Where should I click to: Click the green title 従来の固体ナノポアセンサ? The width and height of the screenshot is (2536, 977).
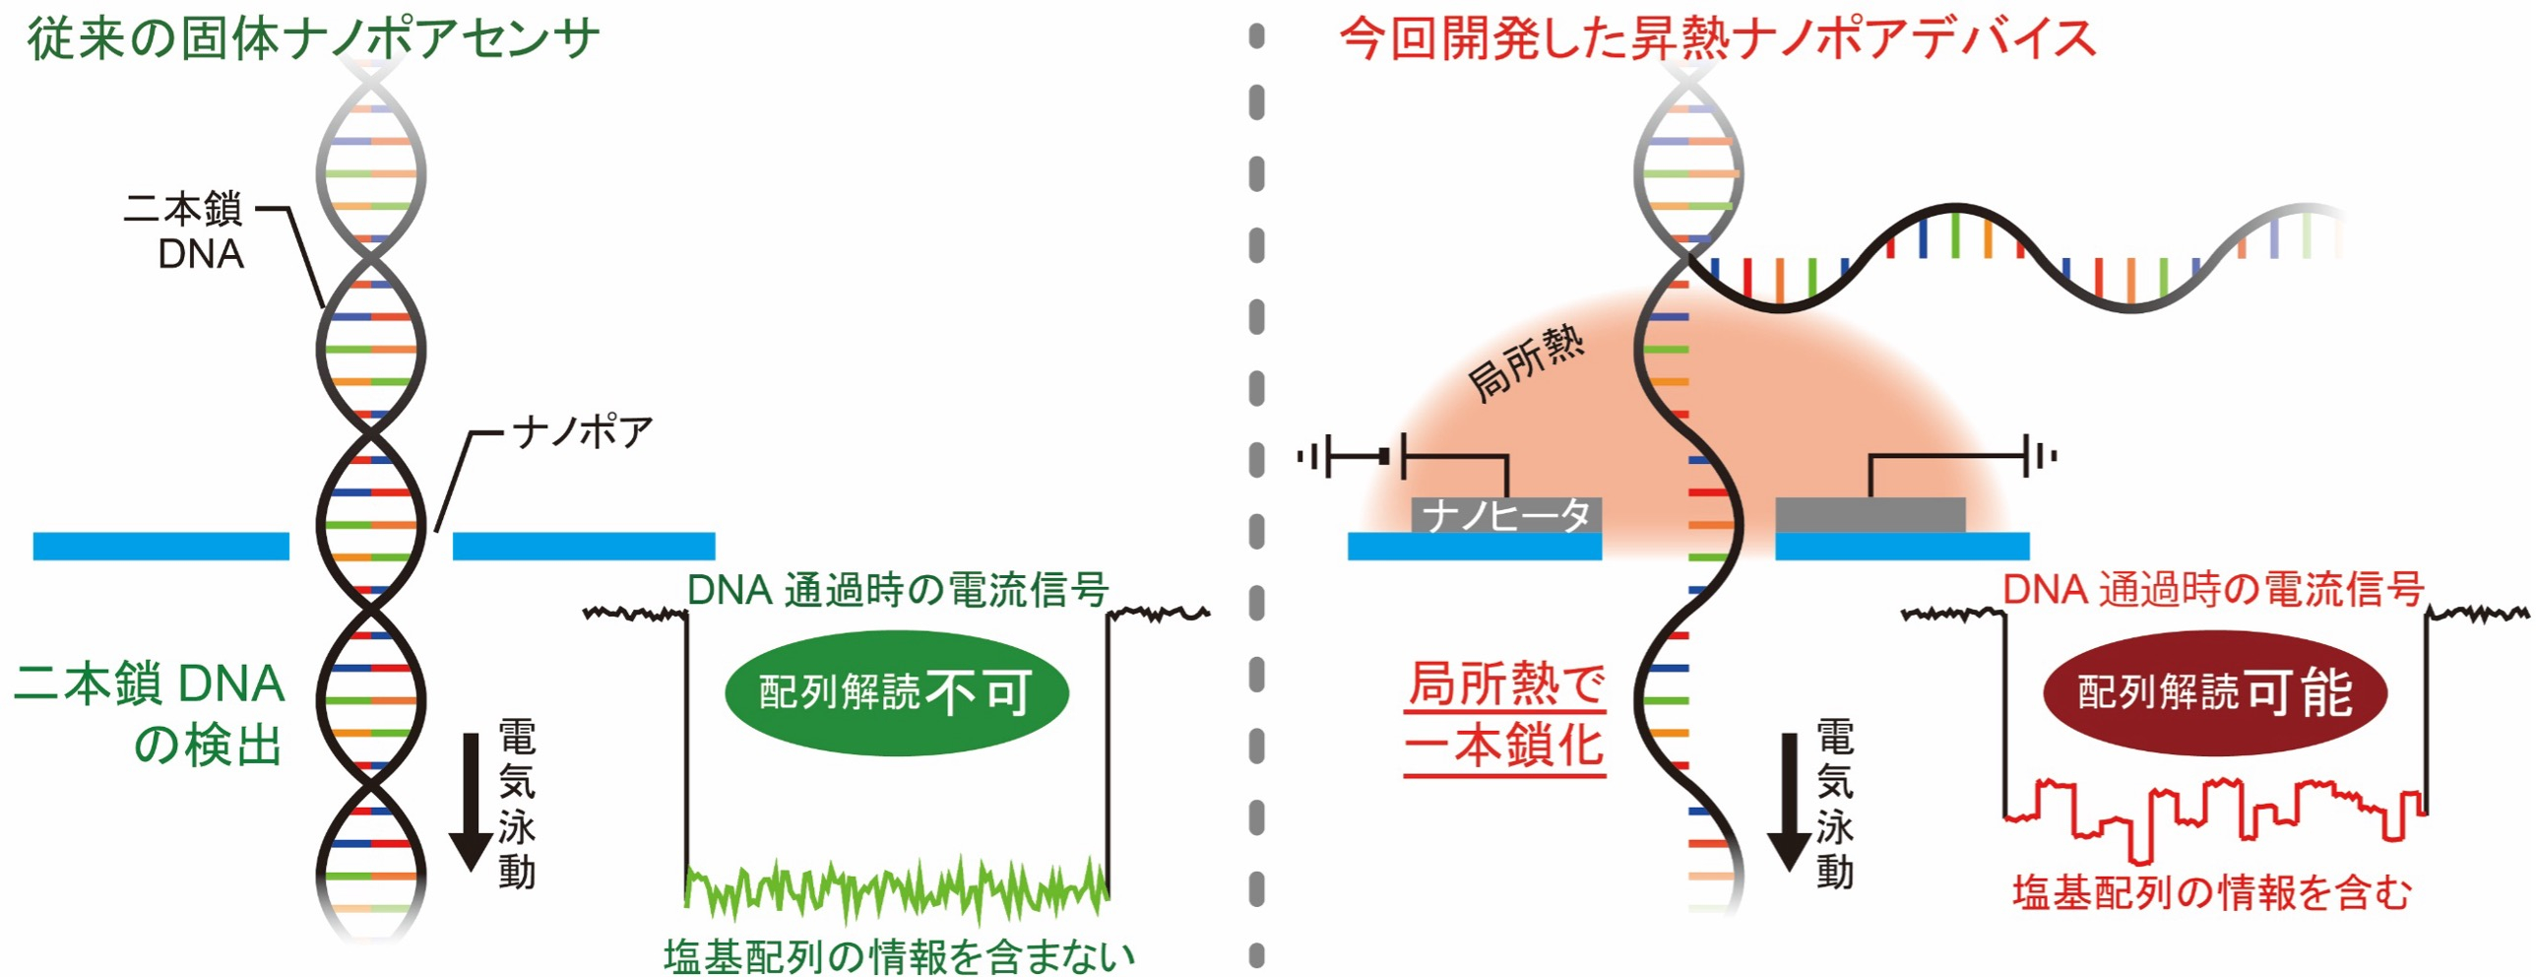pos(313,39)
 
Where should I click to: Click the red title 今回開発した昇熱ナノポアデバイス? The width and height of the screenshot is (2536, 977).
pos(1717,39)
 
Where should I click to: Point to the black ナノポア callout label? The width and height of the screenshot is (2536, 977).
pos(583,431)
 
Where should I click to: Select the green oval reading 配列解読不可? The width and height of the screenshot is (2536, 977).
pos(896,692)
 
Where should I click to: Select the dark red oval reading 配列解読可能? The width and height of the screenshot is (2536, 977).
pos(2215,692)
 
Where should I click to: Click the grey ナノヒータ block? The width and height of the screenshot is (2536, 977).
pos(1506,514)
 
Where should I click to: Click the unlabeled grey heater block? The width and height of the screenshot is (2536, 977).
pos(1870,514)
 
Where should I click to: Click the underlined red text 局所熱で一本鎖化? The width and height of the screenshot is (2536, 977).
pos(1506,714)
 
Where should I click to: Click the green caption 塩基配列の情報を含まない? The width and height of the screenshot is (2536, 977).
pos(898,955)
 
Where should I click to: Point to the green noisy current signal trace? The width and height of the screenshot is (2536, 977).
pos(896,886)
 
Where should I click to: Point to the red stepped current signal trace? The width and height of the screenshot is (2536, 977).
pos(2215,813)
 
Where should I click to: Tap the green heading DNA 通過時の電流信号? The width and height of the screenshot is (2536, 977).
pos(898,590)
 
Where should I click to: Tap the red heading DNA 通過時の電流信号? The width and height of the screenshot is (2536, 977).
pos(2213,590)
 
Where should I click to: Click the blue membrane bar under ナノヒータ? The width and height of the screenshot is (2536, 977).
pos(1474,547)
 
